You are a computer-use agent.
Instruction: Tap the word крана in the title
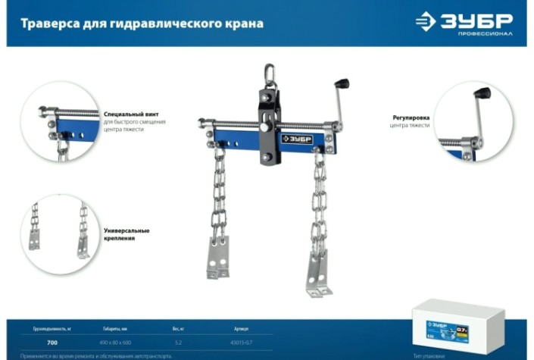point(244,23)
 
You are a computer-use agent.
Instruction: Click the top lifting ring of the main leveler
point(268,74)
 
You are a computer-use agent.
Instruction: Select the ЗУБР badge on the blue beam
point(297,139)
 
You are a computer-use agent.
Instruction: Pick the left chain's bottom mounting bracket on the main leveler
point(218,258)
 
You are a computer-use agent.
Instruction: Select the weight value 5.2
point(179,343)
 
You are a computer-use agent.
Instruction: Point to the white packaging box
point(457,326)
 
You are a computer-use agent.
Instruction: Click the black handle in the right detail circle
point(482,93)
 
